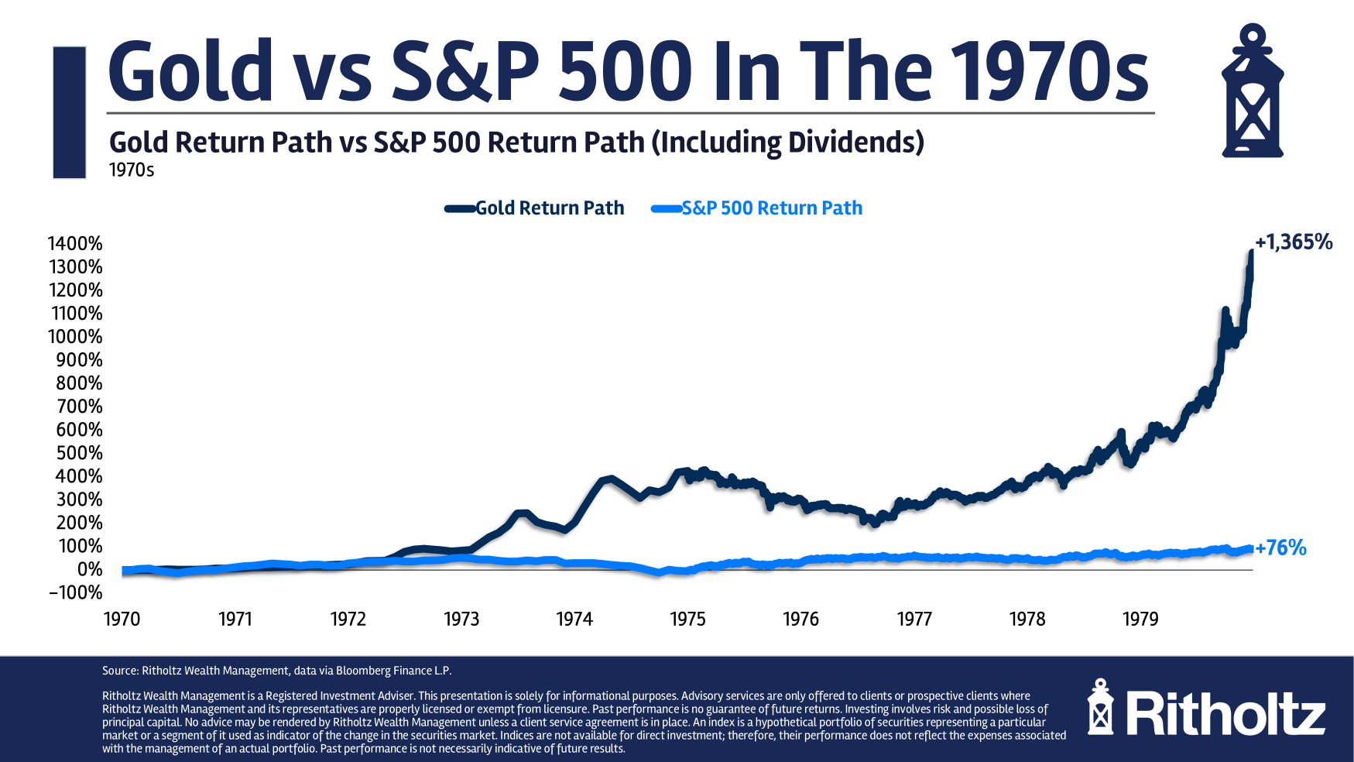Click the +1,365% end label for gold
click(1294, 242)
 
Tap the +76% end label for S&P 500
click(1280, 548)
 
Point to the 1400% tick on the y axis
click(75, 244)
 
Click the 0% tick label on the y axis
click(90, 570)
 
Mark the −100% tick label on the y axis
click(75, 593)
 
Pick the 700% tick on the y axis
click(79, 407)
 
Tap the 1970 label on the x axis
click(122, 620)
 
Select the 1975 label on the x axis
click(687, 620)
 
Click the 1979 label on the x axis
click(1140, 620)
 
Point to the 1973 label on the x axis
click(461, 620)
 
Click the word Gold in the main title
click(190, 70)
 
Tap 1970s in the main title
click(1050, 70)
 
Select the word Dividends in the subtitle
click(852, 142)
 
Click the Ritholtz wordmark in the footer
click(1225, 713)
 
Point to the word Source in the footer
click(119, 671)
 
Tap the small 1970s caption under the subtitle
click(132, 170)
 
